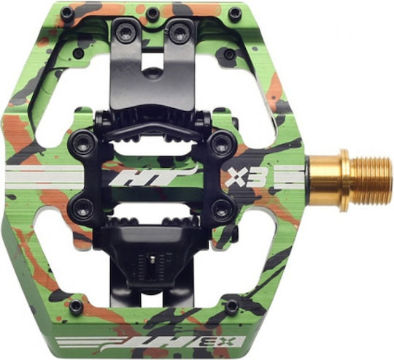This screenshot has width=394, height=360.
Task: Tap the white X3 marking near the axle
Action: (x=243, y=177)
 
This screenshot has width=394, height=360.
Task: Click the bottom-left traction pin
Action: (x=74, y=306)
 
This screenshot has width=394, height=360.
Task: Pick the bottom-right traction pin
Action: (x=231, y=306)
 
